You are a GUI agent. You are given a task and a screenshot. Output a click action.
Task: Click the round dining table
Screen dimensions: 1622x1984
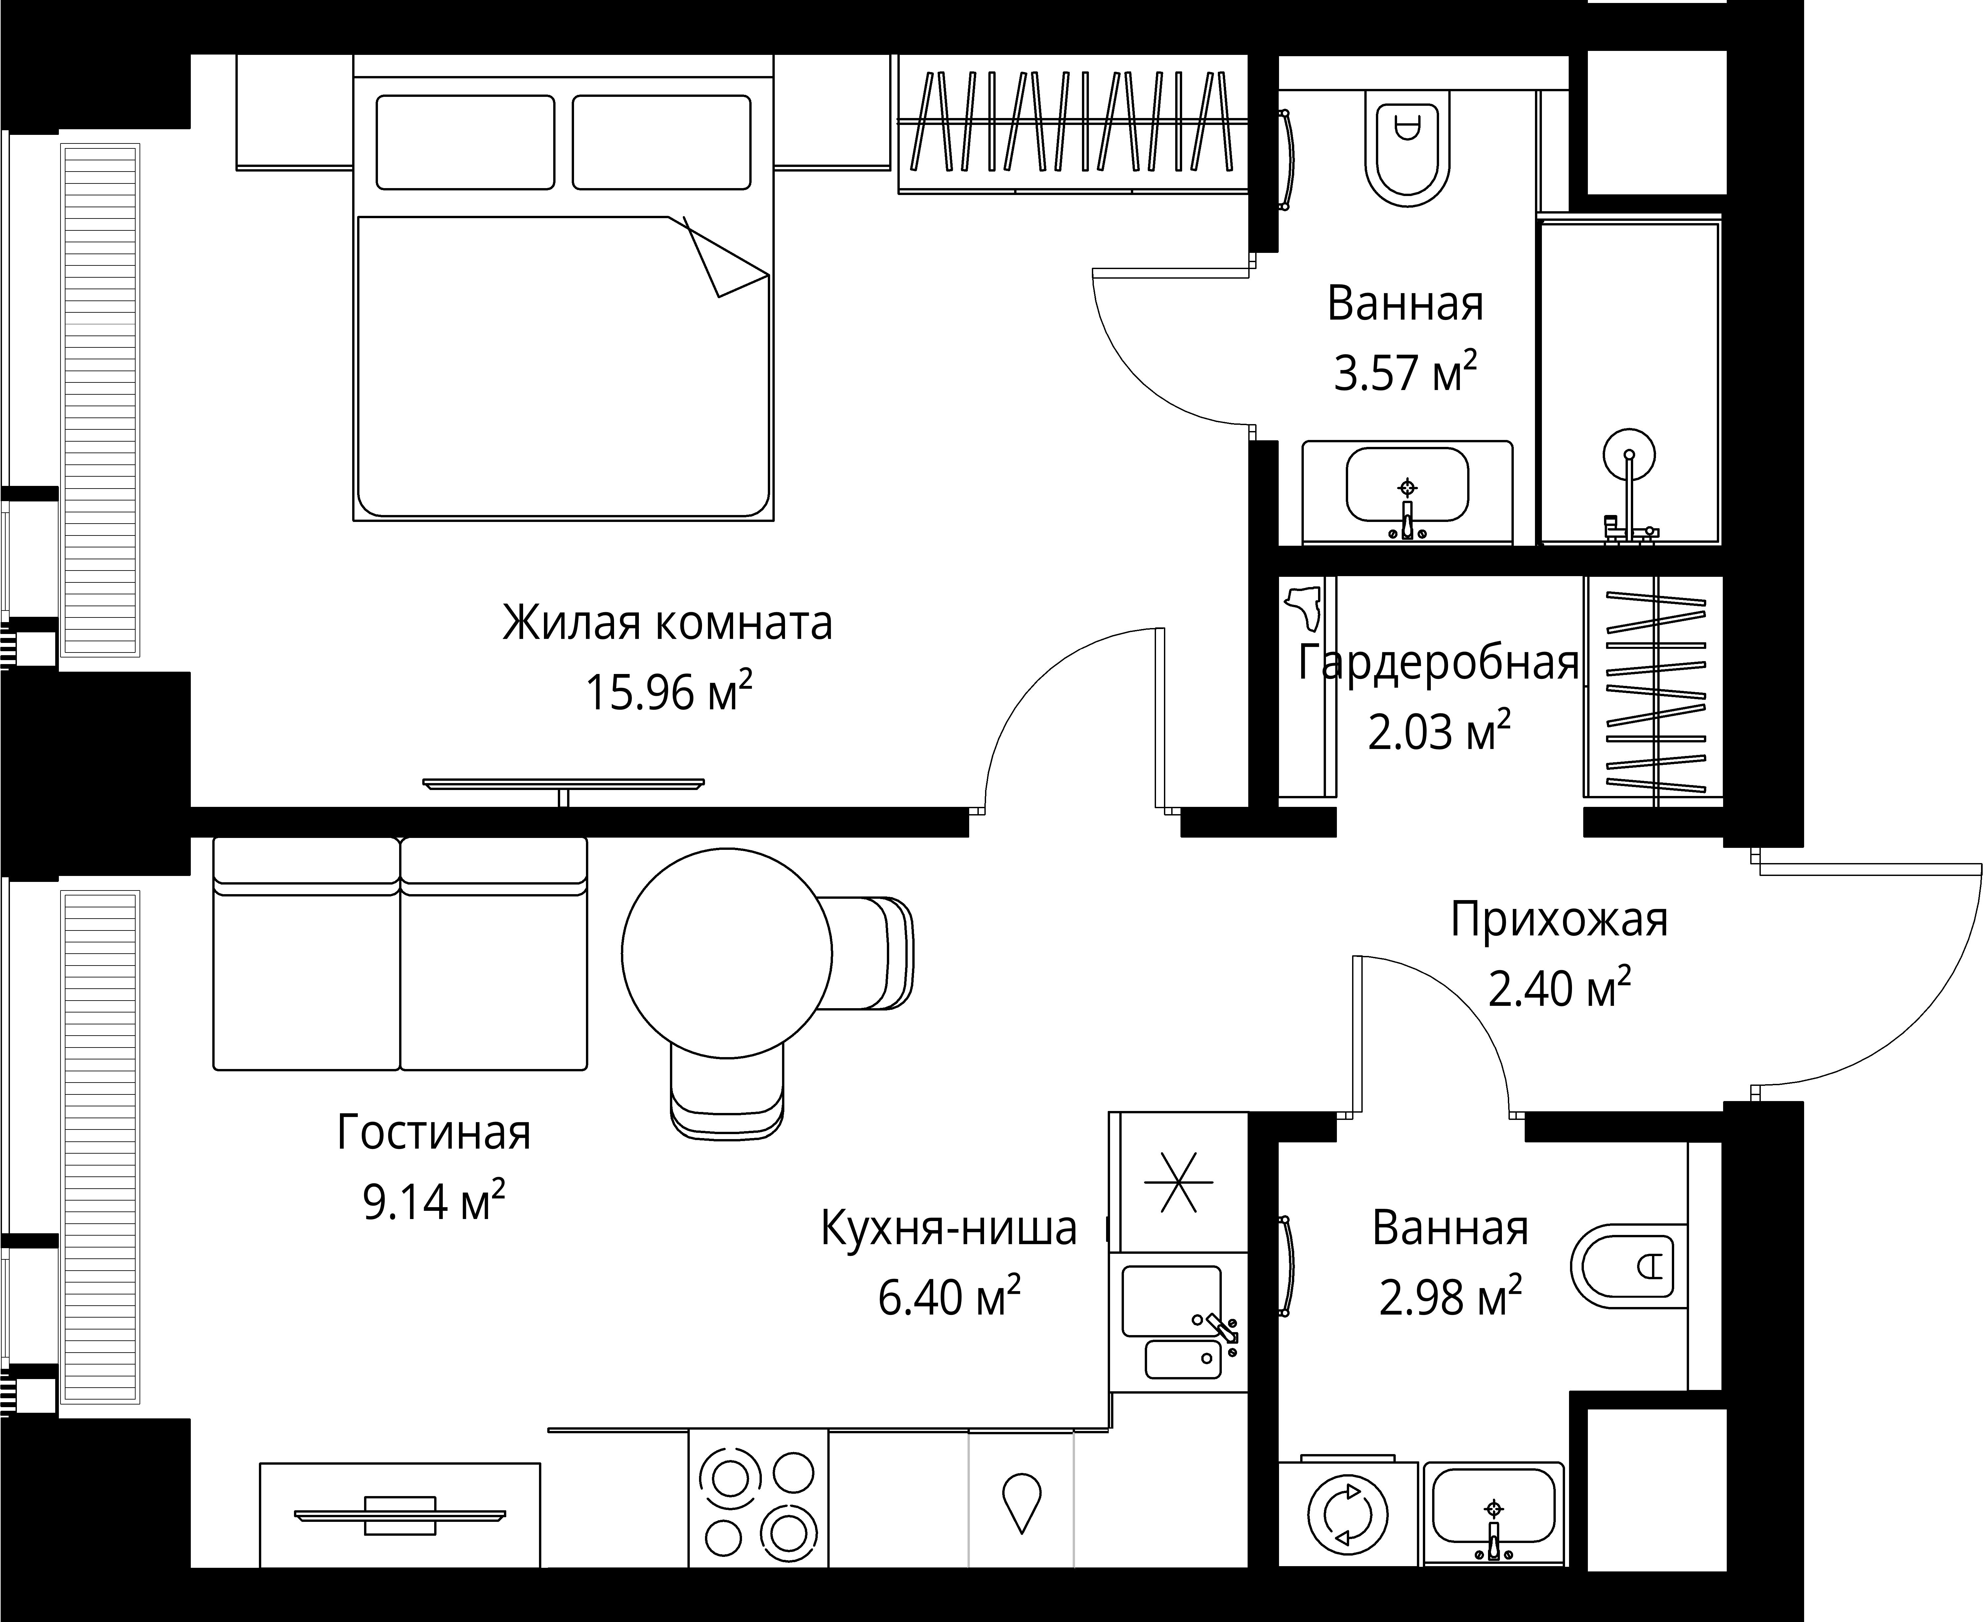click(x=726, y=953)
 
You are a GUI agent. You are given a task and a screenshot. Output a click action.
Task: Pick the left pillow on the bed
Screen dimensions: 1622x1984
click(x=465, y=142)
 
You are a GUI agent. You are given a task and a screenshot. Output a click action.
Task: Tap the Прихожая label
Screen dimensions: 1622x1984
click(x=1558, y=919)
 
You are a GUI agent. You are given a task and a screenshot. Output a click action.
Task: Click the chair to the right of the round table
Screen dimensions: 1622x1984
click(x=869, y=953)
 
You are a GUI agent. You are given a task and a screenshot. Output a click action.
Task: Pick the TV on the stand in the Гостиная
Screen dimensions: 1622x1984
click(x=400, y=1515)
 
